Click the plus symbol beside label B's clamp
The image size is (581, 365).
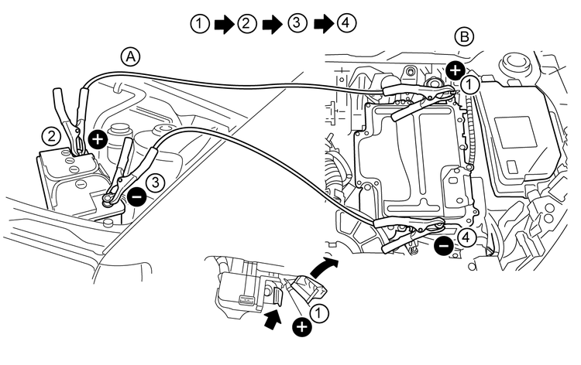point(456,67)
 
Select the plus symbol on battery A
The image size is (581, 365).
point(98,140)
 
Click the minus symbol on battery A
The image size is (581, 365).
point(136,196)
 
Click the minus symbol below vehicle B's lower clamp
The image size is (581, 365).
point(442,247)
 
